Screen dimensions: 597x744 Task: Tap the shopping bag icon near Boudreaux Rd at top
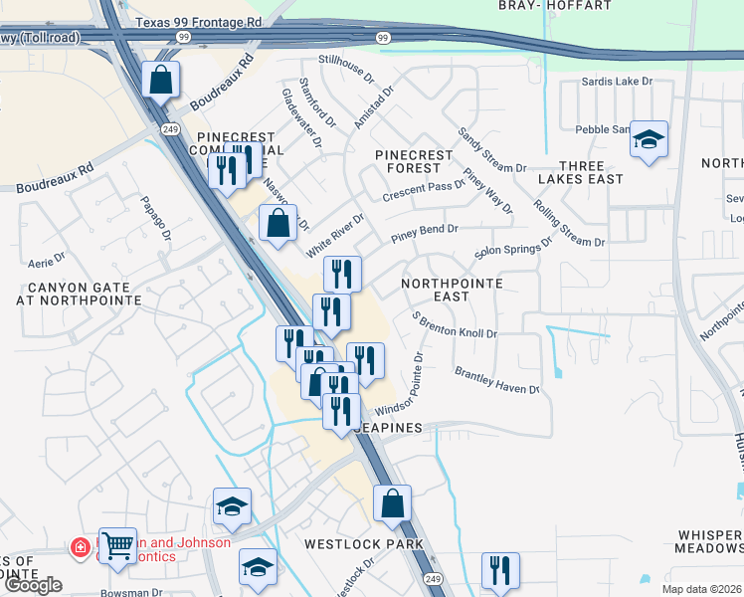coord(160,81)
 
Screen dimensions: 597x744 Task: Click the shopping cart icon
coord(118,545)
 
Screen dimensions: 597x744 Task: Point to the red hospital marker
coord(80,548)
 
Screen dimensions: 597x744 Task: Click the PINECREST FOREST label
coord(414,162)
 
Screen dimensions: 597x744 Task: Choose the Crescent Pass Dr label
coord(417,187)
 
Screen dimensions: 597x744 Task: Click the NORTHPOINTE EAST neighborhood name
coord(450,290)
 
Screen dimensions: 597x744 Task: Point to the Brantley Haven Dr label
coord(496,381)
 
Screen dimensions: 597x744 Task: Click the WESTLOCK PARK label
coord(363,544)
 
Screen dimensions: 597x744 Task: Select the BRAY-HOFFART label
coord(554,6)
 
